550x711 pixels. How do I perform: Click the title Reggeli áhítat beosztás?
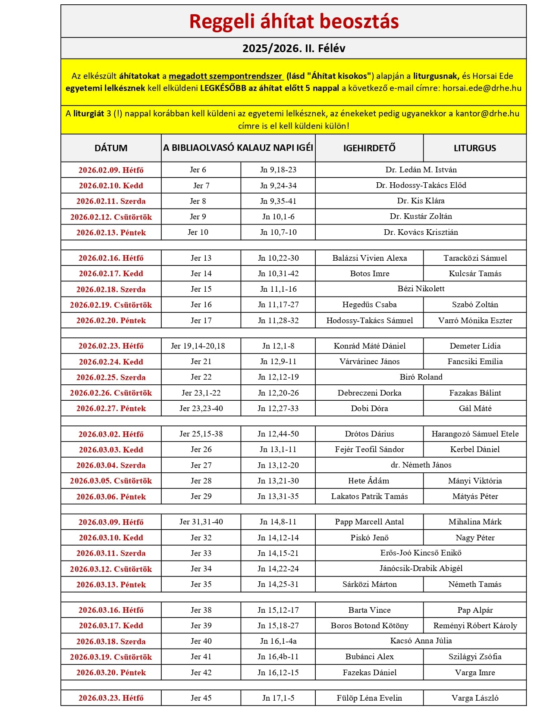294,22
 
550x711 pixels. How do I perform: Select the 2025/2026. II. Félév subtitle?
294,48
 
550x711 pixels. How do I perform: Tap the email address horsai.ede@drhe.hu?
482,88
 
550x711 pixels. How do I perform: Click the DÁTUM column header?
111,148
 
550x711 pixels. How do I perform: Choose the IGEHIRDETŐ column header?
369,148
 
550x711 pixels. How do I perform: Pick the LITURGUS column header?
475,148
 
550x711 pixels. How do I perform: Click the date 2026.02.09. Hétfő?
111,170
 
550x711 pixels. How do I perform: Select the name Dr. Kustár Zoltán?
421,216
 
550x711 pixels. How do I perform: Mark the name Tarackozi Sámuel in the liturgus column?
475,258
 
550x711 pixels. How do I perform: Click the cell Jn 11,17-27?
278,305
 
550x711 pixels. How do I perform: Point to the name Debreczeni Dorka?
369,393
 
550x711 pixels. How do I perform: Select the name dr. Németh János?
421,465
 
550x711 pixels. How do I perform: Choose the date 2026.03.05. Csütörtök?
111,481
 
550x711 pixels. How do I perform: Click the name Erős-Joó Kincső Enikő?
421,553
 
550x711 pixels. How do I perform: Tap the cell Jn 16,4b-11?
278,657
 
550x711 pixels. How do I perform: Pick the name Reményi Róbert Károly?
475,626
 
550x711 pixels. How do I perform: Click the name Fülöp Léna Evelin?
369,698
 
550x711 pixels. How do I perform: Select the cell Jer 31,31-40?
201,522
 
